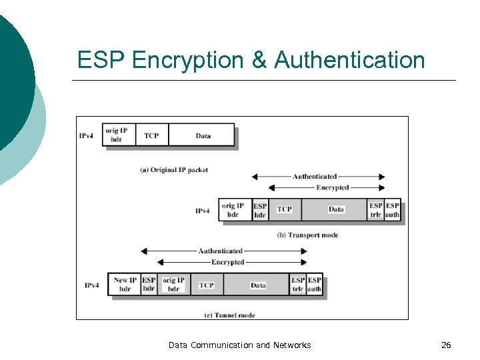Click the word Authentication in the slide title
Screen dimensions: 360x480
tap(349, 60)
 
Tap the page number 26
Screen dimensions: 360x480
tap(446, 345)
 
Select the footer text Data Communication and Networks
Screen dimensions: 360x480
tap(239, 345)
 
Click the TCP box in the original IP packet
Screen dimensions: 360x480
tap(151, 135)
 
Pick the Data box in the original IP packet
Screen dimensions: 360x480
tap(203, 135)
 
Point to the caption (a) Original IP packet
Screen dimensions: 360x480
tap(174, 170)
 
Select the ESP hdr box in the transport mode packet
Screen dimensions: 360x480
tap(260, 211)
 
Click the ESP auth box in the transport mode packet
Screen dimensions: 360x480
tap(393, 211)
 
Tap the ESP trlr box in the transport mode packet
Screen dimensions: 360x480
tap(376, 211)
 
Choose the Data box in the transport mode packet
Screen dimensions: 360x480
tap(336, 209)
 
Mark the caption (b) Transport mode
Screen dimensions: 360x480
tap(307, 235)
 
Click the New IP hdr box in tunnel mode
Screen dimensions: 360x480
tap(125, 285)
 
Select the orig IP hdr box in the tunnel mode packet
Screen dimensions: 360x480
tap(173, 285)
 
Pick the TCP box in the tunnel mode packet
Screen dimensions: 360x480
tap(207, 285)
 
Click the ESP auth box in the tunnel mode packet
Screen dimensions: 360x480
tap(315, 285)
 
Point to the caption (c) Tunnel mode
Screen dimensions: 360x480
tap(229, 315)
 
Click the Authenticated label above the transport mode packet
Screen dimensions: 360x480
tap(315, 177)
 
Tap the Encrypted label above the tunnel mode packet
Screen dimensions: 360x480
tap(227, 262)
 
